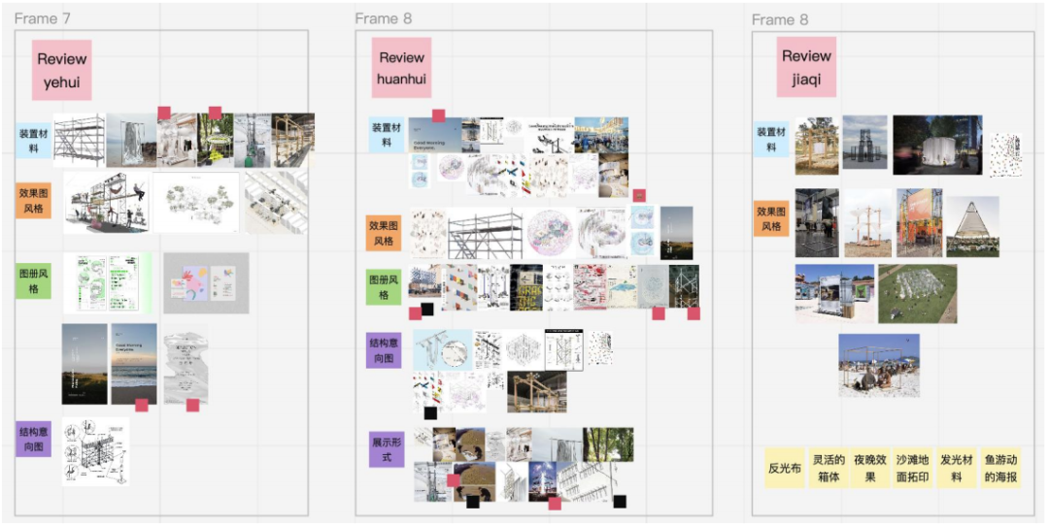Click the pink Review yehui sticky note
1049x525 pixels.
click(62, 70)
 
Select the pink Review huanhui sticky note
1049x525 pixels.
click(402, 68)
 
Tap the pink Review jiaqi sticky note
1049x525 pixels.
click(806, 67)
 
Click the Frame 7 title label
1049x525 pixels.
click(43, 18)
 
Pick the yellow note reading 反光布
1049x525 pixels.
click(785, 468)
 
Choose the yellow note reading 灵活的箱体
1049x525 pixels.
click(829, 468)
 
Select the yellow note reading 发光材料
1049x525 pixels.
click(957, 468)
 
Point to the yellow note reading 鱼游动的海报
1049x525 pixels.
click(1000, 468)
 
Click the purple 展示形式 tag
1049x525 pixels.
click(387, 449)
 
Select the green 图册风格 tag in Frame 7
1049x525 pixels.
click(34, 280)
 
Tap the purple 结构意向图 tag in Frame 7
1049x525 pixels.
click(34, 440)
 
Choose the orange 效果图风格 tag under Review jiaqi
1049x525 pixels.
click(771, 218)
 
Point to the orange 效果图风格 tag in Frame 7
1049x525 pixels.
click(34, 200)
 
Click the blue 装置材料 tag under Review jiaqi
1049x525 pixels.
click(771, 139)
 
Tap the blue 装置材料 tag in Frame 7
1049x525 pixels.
click(34, 141)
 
